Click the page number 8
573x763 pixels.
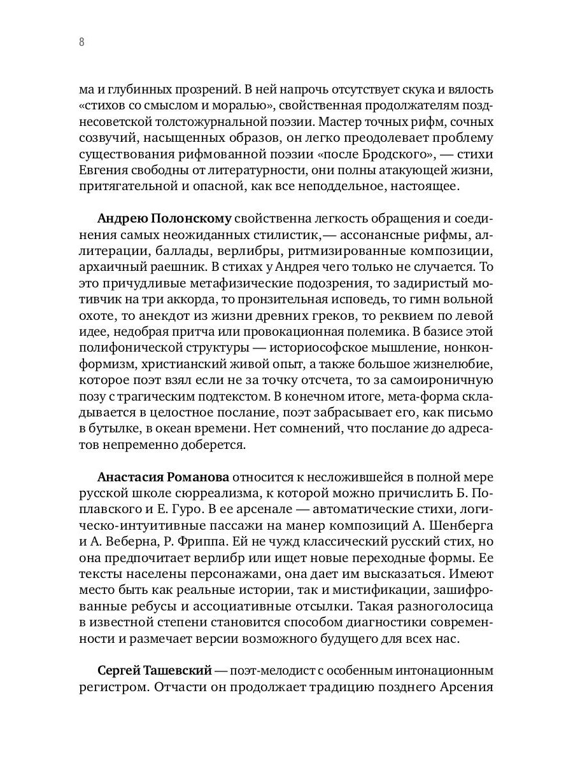click(81, 43)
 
